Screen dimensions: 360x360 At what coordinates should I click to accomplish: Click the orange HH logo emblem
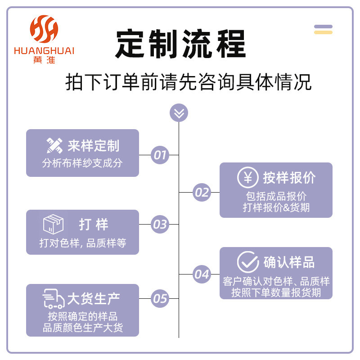point(44,28)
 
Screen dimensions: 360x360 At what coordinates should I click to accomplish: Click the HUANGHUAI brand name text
point(44,50)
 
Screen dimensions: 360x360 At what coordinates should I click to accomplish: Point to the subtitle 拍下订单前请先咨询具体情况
point(188,83)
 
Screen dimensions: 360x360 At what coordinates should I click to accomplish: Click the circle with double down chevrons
point(179,112)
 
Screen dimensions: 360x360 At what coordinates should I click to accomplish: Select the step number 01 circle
point(159,155)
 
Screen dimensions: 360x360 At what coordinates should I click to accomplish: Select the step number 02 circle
point(202,193)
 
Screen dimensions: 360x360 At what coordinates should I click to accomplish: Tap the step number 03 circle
point(159,224)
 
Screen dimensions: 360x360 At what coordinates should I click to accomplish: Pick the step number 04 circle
point(202,274)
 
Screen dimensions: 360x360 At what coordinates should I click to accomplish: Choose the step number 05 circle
point(159,298)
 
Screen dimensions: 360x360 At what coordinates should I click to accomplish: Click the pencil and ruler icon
point(54,145)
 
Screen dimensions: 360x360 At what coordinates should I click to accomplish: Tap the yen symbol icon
point(247,177)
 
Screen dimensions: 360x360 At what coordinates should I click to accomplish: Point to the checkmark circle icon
point(247,262)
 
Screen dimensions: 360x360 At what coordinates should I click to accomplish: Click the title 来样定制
point(94,146)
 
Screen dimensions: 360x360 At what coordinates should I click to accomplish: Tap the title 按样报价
point(289,178)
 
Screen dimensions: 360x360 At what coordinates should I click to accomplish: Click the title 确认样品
point(289,262)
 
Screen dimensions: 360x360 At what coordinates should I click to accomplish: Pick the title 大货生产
point(94,299)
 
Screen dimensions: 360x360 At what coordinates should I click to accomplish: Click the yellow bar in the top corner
point(323,32)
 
